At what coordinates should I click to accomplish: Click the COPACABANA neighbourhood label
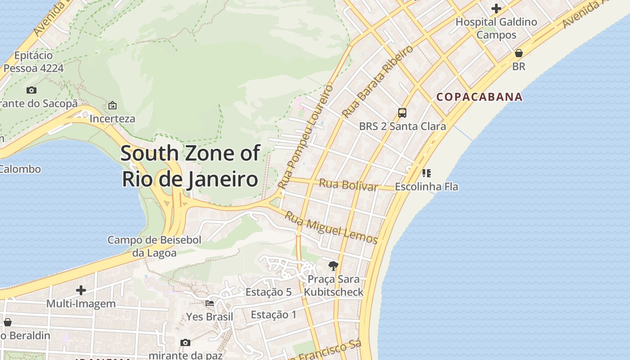(480, 97)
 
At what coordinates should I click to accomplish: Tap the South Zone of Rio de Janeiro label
(190, 166)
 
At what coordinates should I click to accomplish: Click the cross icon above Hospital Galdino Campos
(496, 9)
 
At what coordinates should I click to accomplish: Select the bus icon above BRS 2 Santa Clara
(402, 112)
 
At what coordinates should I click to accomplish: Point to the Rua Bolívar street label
(348, 184)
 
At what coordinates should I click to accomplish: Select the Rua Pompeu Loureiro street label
(306, 137)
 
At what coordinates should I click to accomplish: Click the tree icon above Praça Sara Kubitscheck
(333, 266)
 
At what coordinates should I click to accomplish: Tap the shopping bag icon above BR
(518, 53)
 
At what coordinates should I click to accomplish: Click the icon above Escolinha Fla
(426, 173)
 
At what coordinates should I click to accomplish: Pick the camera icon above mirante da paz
(185, 342)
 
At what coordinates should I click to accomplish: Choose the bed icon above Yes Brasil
(210, 303)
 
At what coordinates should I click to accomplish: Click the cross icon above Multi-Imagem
(81, 290)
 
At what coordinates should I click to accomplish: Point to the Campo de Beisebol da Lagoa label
(154, 246)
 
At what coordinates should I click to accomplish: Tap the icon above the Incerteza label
(112, 105)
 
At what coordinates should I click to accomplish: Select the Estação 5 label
(268, 292)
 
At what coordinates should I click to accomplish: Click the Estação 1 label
(274, 315)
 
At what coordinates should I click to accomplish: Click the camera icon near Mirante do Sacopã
(31, 90)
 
